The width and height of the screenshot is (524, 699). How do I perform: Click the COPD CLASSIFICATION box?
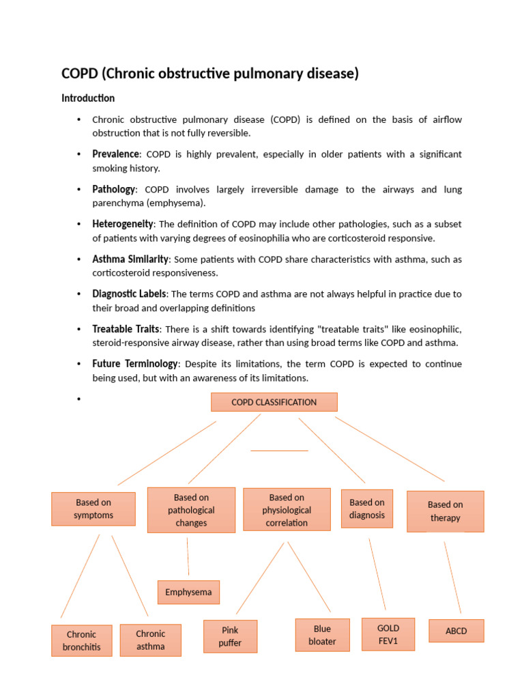(x=274, y=402)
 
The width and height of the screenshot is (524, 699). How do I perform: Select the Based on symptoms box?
(x=93, y=509)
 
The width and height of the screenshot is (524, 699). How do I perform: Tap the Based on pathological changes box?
(x=191, y=510)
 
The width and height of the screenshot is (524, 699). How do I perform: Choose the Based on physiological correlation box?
(x=287, y=510)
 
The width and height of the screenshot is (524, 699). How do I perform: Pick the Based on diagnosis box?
(x=367, y=509)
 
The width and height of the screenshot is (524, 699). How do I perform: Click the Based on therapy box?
(x=445, y=511)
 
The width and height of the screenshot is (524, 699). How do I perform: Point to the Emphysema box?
(x=188, y=592)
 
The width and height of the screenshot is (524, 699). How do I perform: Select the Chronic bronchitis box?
(x=81, y=640)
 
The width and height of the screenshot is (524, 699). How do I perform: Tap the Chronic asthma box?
(x=151, y=640)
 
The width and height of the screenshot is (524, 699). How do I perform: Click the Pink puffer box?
(x=230, y=636)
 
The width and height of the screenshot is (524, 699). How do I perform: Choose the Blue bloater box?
(x=322, y=635)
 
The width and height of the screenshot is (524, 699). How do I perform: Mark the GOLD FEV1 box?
(x=388, y=634)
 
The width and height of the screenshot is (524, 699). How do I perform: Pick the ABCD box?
(x=456, y=631)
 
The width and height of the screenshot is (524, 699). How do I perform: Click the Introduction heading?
(x=88, y=98)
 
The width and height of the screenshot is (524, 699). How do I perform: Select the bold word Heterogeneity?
(x=123, y=224)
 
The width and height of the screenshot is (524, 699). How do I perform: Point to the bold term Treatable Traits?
(x=126, y=329)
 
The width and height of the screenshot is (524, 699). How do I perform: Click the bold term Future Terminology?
(x=135, y=364)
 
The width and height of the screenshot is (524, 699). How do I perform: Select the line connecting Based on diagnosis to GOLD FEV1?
(x=377, y=574)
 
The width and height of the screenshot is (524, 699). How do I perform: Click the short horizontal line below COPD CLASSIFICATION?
(x=279, y=451)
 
